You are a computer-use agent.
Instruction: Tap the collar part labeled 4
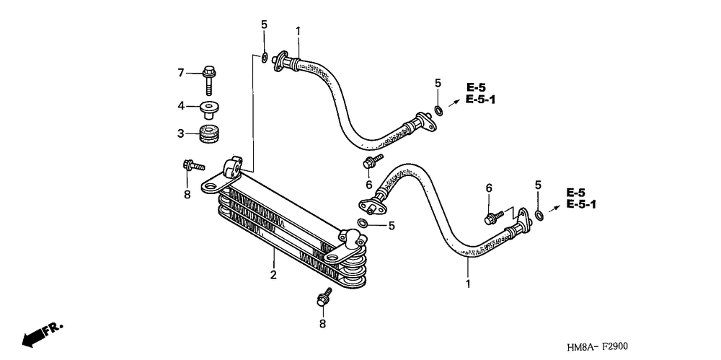coord(210,109)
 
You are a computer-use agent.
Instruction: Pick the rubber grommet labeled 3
coord(210,134)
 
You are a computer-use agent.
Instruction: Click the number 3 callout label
coord(182,133)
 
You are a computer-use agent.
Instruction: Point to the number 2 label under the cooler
coord(273,274)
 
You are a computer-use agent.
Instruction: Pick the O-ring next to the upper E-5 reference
coord(438,110)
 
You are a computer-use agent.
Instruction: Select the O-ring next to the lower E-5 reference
coord(539,214)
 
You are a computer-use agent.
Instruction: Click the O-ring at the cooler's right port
coord(364,224)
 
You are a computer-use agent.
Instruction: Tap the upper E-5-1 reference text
coord(480,100)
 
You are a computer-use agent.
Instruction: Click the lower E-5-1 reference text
coord(581,205)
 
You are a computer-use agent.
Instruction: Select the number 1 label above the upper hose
coord(298,30)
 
